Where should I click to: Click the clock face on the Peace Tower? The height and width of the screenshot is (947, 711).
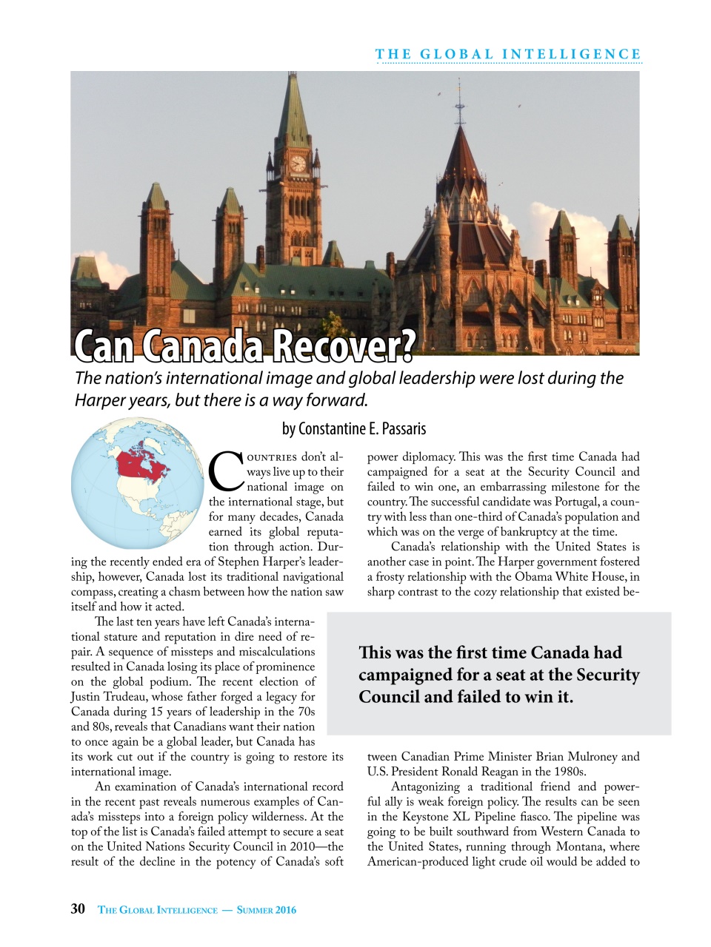point(298,164)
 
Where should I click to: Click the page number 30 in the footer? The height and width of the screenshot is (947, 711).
point(78,909)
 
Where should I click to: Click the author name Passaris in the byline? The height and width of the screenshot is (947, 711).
point(404,429)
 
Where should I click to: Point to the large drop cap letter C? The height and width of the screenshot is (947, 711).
point(225,472)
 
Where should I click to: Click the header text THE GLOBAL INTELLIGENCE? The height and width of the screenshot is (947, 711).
point(508,54)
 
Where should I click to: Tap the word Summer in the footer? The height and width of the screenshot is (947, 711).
point(255,910)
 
